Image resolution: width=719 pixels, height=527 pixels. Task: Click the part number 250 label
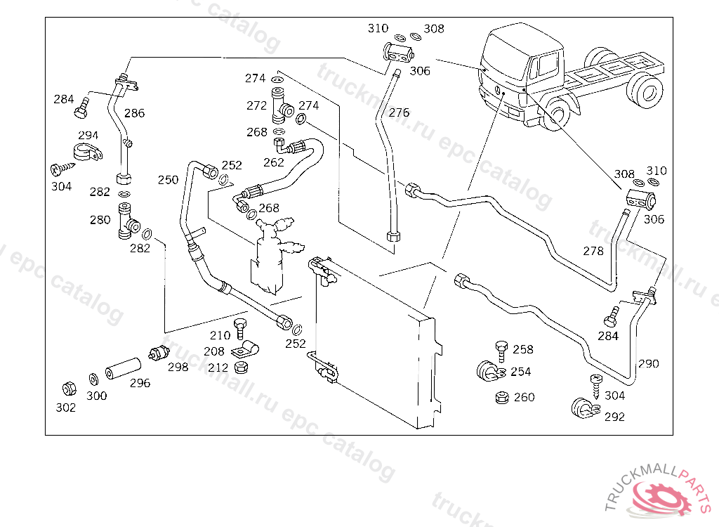click(x=168, y=179)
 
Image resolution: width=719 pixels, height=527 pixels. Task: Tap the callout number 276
click(x=399, y=112)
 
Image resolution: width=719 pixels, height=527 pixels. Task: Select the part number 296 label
click(x=140, y=383)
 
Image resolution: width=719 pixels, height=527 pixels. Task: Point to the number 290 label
click(x=648, y=363)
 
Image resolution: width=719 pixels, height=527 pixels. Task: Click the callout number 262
click(x=274, y=162)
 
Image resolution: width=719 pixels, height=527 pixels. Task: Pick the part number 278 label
click(x=593, y=251)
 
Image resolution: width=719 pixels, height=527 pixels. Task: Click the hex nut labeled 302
click(x=70, y=389)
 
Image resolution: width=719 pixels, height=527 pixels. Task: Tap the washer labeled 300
click(x=93, y=379)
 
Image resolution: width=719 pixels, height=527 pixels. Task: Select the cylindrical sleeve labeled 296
click(x=124, y=368)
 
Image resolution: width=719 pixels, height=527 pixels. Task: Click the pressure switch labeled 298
click(x=159, y=353)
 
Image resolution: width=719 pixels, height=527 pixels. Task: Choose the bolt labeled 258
click(x=501, y=351)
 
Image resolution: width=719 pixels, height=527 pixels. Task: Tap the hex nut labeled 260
click(x=502, y=398)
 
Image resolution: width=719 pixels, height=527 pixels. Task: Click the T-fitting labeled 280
click(x=128, y=221)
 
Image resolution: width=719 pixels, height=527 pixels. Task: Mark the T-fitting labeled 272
click(x=282, y=106)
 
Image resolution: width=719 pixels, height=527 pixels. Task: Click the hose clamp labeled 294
click(x=88, y=152)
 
